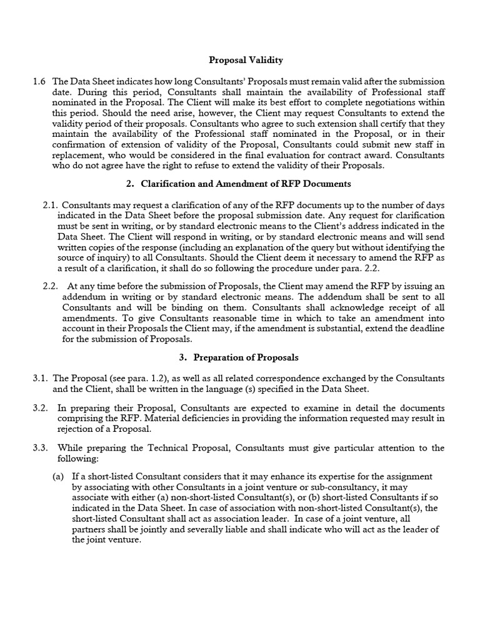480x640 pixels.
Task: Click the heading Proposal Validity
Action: click(x=246, y=60)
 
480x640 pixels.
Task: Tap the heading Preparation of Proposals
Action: click(x=246, y=357)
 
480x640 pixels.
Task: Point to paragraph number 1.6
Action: click(x=39, y=81)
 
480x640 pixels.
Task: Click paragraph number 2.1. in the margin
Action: click(x=52, y=204)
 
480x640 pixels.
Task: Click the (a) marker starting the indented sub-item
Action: click(x=59, y=476)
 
